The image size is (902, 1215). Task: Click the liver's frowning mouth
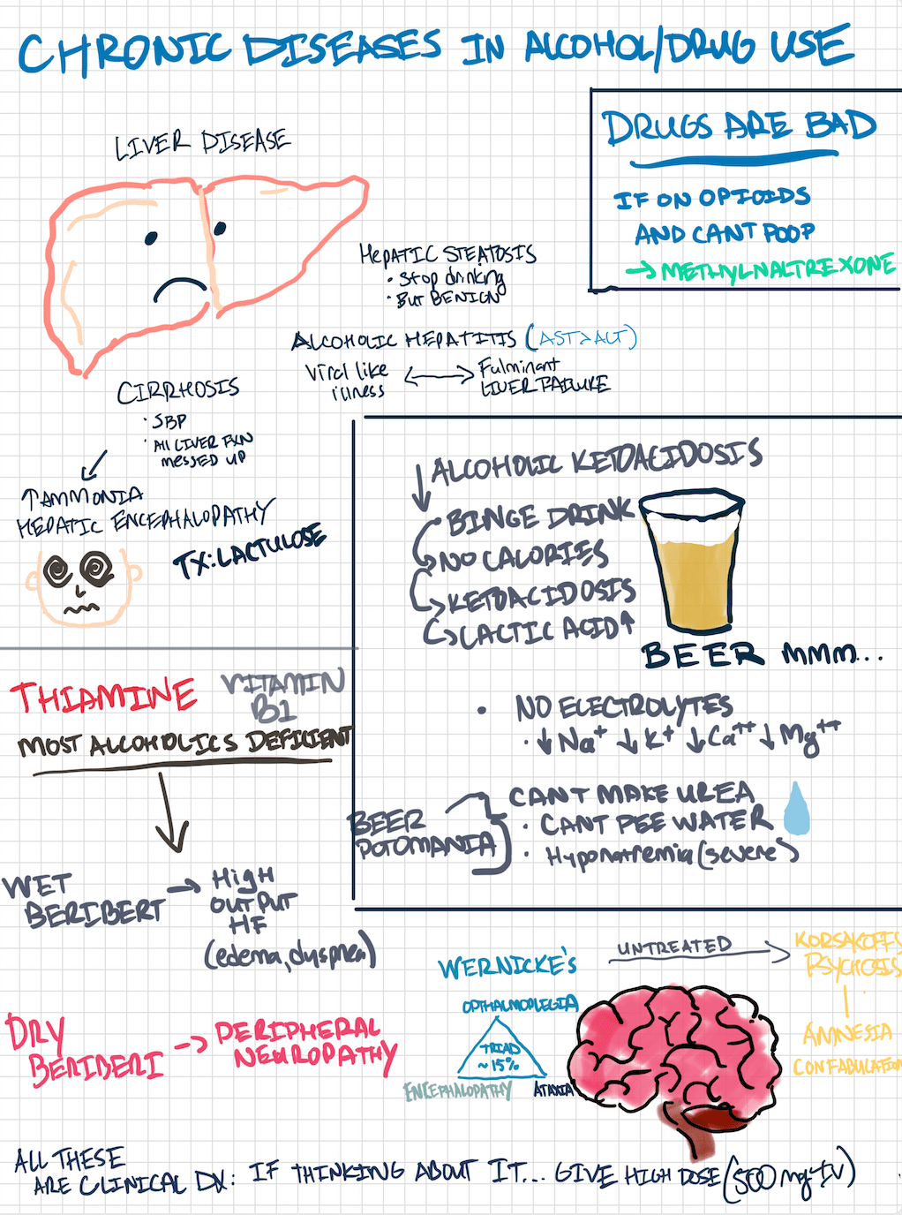click(x=180, y=289)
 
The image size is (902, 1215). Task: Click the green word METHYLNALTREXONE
click(x=777, y=268)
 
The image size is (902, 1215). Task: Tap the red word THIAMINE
click(x=103, y=698)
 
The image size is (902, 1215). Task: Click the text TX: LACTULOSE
click(x=250, y=553)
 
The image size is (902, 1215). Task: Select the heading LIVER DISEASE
click(x=203, y=144)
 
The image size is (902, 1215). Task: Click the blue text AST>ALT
click(x=581, y=337)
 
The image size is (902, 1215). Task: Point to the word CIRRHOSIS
click(x=178, y=390)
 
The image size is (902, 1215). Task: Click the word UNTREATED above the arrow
click(x=673, y=947)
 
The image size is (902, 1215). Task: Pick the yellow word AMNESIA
click(x=846, y=1033)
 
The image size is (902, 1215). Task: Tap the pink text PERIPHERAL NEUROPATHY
click(x=305, y=1043)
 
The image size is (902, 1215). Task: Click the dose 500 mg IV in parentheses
click(x=789, y=1175)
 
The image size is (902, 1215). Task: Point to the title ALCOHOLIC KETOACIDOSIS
click(x=596, y=461)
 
